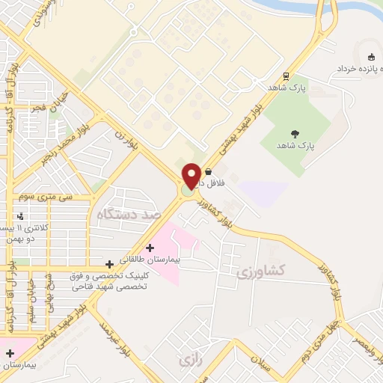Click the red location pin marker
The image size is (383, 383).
(x=191, y=176)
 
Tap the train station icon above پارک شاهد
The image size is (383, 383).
(x=286, y=76)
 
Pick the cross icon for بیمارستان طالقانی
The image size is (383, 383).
(x=150, y=248)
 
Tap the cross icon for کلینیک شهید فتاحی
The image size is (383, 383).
(x=110, y=263)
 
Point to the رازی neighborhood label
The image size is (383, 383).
(x=187, y=361)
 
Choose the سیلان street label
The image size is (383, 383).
(x=276, y=360)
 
